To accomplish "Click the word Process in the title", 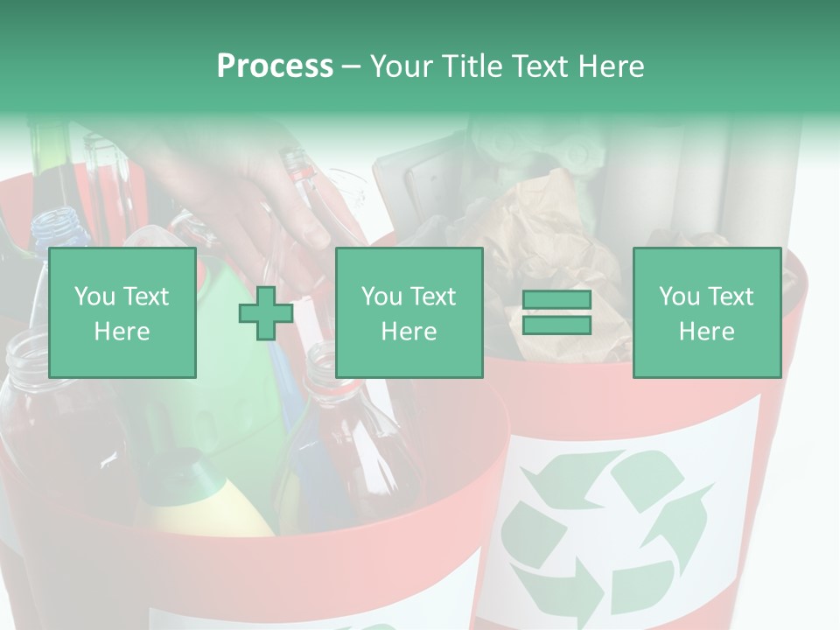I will click(x=275, y=66).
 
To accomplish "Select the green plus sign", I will click(x=266, y=313).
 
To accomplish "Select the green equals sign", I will click(x=556, y=312).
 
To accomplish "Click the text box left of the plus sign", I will click(x=122, y=312).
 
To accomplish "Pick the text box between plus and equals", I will click(x=409, y=312).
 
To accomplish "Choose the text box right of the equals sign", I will click(x=706, y=312).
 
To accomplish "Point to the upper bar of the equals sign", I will click(x=556, y=301).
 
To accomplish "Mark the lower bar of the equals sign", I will click(x=556, y=325).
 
